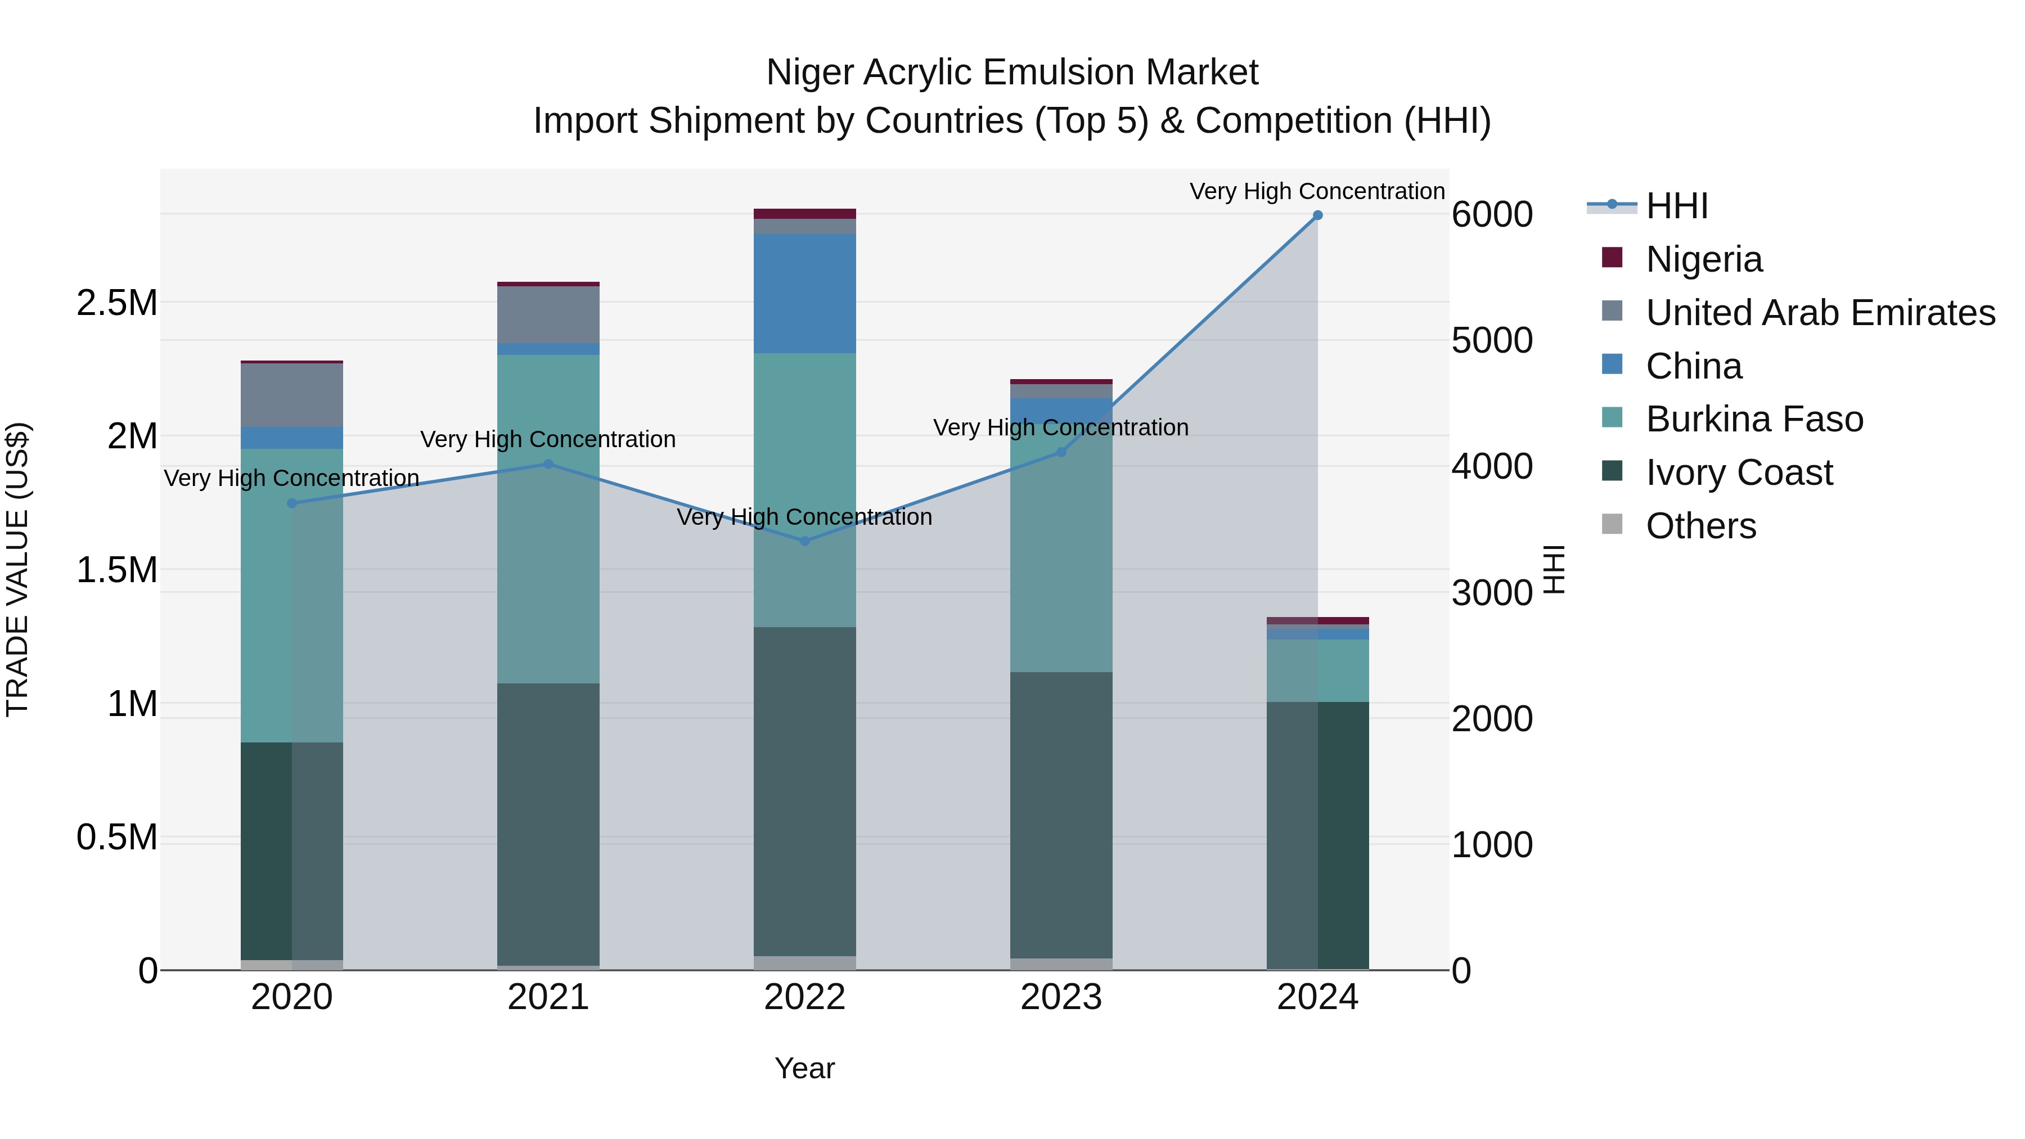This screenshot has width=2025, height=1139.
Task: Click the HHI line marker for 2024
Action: pos(1317,215)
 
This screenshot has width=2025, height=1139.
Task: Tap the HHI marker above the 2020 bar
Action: pos(291,503)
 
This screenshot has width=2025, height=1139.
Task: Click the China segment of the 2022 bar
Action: pos(804,293)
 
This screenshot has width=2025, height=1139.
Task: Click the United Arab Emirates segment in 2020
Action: pos(291,395)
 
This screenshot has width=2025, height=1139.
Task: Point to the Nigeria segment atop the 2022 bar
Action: pos(804,214)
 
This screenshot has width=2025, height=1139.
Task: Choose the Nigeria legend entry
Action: pos(1703,259)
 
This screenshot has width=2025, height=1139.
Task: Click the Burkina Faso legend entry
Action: pos(1753,419)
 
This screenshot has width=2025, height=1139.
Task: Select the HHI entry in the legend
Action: pos(1676,206)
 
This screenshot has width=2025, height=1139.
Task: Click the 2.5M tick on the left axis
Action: pos(116,303)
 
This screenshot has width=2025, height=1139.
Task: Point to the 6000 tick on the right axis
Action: pos(1491,215)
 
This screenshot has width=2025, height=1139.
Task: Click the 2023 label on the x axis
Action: pos(1060,997)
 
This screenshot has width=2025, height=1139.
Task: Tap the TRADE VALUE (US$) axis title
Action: pos(17,569)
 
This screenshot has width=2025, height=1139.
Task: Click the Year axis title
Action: pos(804,1068)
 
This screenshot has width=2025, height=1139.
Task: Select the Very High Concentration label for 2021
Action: pos(548,439)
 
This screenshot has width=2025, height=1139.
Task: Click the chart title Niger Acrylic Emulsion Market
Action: pos(1012,73)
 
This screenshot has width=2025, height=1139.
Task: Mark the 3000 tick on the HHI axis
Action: pos(1491,593)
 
